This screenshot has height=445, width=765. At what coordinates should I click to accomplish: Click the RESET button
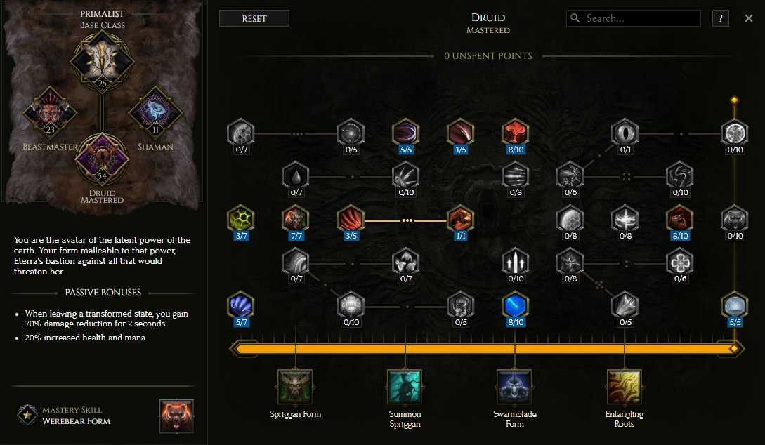254,18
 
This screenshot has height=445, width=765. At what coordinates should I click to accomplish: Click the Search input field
633,18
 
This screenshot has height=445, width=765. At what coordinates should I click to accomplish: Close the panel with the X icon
748,18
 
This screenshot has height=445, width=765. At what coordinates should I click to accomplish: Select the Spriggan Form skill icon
295,387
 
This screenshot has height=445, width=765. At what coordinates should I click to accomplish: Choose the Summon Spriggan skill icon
405,387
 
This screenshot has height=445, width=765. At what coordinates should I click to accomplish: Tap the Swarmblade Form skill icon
515,387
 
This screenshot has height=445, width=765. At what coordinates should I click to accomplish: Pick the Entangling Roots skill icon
625,387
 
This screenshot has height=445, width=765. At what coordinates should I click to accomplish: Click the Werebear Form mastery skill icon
176,416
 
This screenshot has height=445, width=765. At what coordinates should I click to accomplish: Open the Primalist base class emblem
102,61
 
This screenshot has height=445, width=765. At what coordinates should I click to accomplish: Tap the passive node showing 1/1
461,220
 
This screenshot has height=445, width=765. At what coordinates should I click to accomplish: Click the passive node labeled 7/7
296,220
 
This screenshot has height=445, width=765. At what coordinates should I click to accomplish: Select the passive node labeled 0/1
625,133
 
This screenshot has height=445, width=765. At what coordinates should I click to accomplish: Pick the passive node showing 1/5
461,133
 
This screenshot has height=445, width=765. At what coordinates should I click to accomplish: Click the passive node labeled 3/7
241,220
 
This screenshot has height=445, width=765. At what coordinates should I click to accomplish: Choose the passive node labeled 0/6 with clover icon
680,263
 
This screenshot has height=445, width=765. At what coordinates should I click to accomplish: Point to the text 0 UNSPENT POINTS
488,56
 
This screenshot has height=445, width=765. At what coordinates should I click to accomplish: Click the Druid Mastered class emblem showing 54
102,159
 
